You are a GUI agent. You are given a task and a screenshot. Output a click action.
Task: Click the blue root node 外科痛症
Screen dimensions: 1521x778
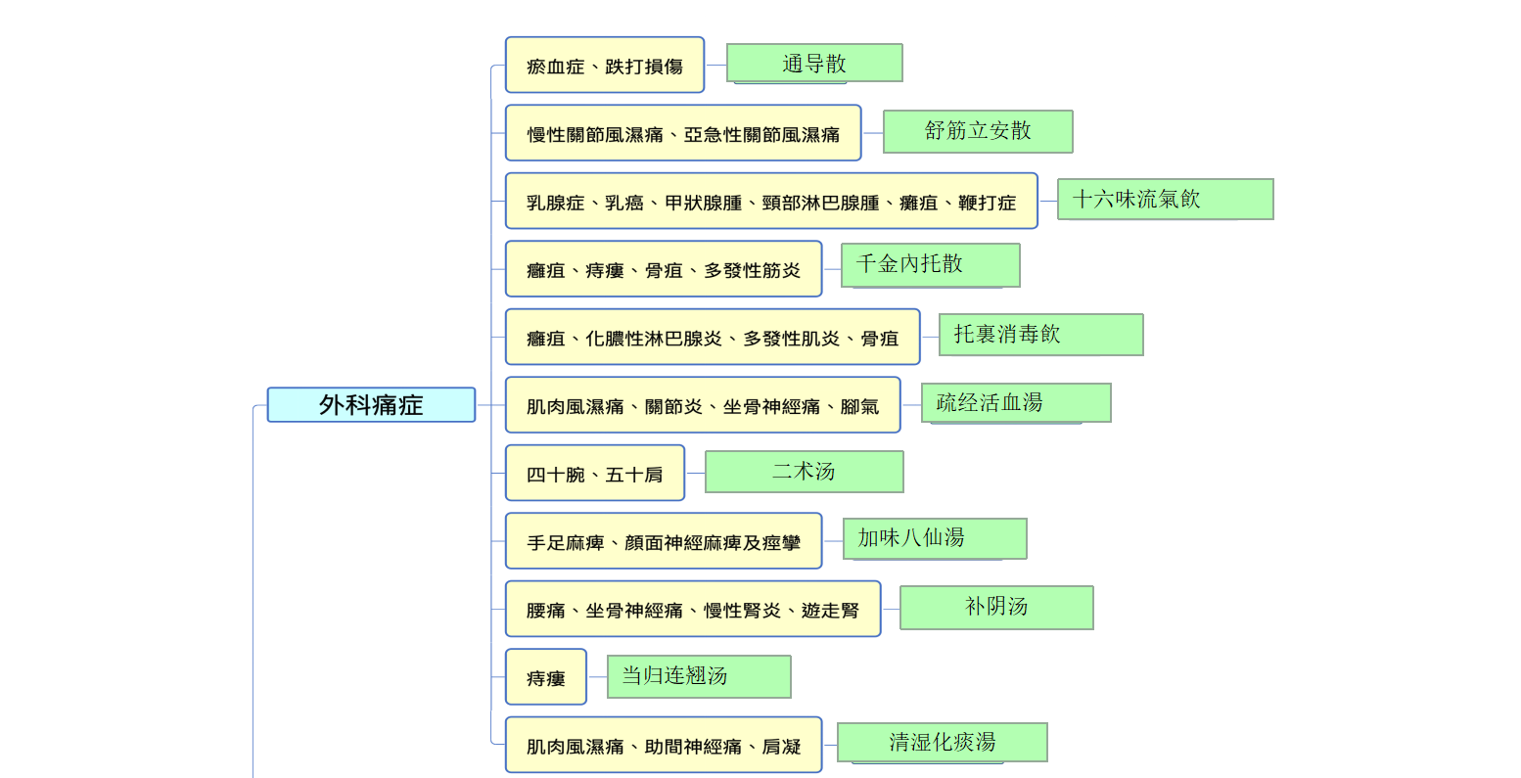click(x=371, y=404)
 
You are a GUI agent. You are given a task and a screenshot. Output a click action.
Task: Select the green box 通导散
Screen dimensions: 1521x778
click(x=814, y=64)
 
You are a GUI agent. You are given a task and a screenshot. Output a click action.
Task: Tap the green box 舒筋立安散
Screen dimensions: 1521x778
click(x=978, y=131)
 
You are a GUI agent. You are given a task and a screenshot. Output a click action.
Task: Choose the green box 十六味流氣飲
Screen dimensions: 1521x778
click(x=1165, y=199)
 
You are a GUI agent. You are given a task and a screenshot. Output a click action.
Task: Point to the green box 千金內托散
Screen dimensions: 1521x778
click(x=930, y=265)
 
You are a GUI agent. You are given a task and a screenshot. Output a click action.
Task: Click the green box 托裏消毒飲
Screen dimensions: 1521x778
click(x=1041, y=334)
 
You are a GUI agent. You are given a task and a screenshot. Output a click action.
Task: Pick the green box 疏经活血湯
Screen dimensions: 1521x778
click(x=1016, y=402)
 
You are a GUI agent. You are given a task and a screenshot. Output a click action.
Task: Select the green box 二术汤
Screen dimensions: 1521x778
click(x=804, y=471)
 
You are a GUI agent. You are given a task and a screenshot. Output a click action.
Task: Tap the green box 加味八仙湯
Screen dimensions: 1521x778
click(x=935, y=538)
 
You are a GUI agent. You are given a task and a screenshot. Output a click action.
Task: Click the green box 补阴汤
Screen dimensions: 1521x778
click(x=996, y=608)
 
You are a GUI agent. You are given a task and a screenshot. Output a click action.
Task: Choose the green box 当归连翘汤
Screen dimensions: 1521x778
click(x=699, y=676)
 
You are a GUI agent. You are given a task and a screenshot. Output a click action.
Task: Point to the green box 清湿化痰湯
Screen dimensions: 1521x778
click(x=942, y=742)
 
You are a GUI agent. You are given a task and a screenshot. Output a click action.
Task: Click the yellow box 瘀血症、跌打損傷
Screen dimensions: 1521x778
click(x=604, y=66)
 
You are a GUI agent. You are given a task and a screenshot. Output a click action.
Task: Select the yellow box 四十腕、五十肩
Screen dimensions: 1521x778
click(x=595, y=473)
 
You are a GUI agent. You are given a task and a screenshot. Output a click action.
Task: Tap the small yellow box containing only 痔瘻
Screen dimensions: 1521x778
click(x=546, y=677)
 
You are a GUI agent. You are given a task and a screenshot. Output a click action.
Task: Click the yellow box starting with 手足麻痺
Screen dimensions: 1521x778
click(x=664, y=540)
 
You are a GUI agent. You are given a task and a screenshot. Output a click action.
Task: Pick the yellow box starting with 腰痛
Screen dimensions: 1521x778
click(x=693, y=609)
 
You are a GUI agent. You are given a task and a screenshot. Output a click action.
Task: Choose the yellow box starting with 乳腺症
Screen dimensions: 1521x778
click(x=771, y=201)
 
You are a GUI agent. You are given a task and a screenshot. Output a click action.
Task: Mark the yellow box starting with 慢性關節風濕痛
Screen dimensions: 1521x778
click(x=683, y=133)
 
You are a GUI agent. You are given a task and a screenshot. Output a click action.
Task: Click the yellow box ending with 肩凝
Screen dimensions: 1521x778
click(x=664, y=745)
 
